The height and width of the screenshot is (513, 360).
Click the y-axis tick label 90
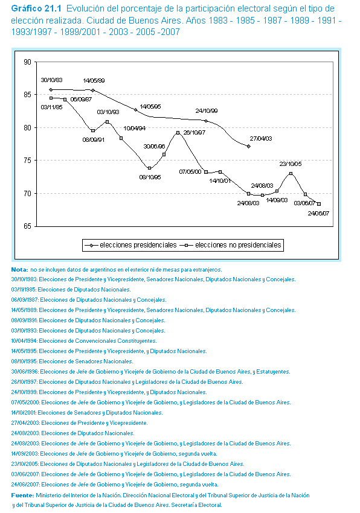pyautogui.click(x=28, y=62)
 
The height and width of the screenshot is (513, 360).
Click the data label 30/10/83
pyautogui.click(x=51, y=80)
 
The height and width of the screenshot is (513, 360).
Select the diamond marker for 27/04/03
pyautogui.click(x=249, y=146)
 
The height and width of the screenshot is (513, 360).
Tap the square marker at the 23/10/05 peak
pyautogui.click(x=291, y=173)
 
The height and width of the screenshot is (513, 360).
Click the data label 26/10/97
pyautogui.click(x=194, y=133)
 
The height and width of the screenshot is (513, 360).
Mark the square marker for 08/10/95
pyautogui.click(x=150, y=168)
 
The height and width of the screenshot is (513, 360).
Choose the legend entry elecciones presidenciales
pyautogui.click(x=130, y=245)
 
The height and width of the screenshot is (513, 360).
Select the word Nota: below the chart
pyautogui.click(x=20, y=270)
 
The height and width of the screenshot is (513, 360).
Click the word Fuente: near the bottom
pyautogui.click(x=22, y=495)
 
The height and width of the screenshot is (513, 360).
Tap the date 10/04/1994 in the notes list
pyautogui.click(x=24, y=341)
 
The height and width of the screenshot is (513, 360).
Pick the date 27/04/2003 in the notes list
pyautogui.click(x=25, y=423)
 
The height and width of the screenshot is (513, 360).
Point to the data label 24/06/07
pyautogui.click(x=318, y=213)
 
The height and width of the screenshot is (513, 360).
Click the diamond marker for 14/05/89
pyautogui.click(x=93, y=91)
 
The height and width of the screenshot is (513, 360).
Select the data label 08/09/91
pyautogui.click(x=94, y=139)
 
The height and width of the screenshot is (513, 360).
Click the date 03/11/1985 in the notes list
pyautogui.click(x=24, y=290)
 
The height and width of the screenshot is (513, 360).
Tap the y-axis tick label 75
pyautogui.click(x=28, y=161)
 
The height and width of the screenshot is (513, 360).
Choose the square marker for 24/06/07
pyautogui.click(x=319, y=204)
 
